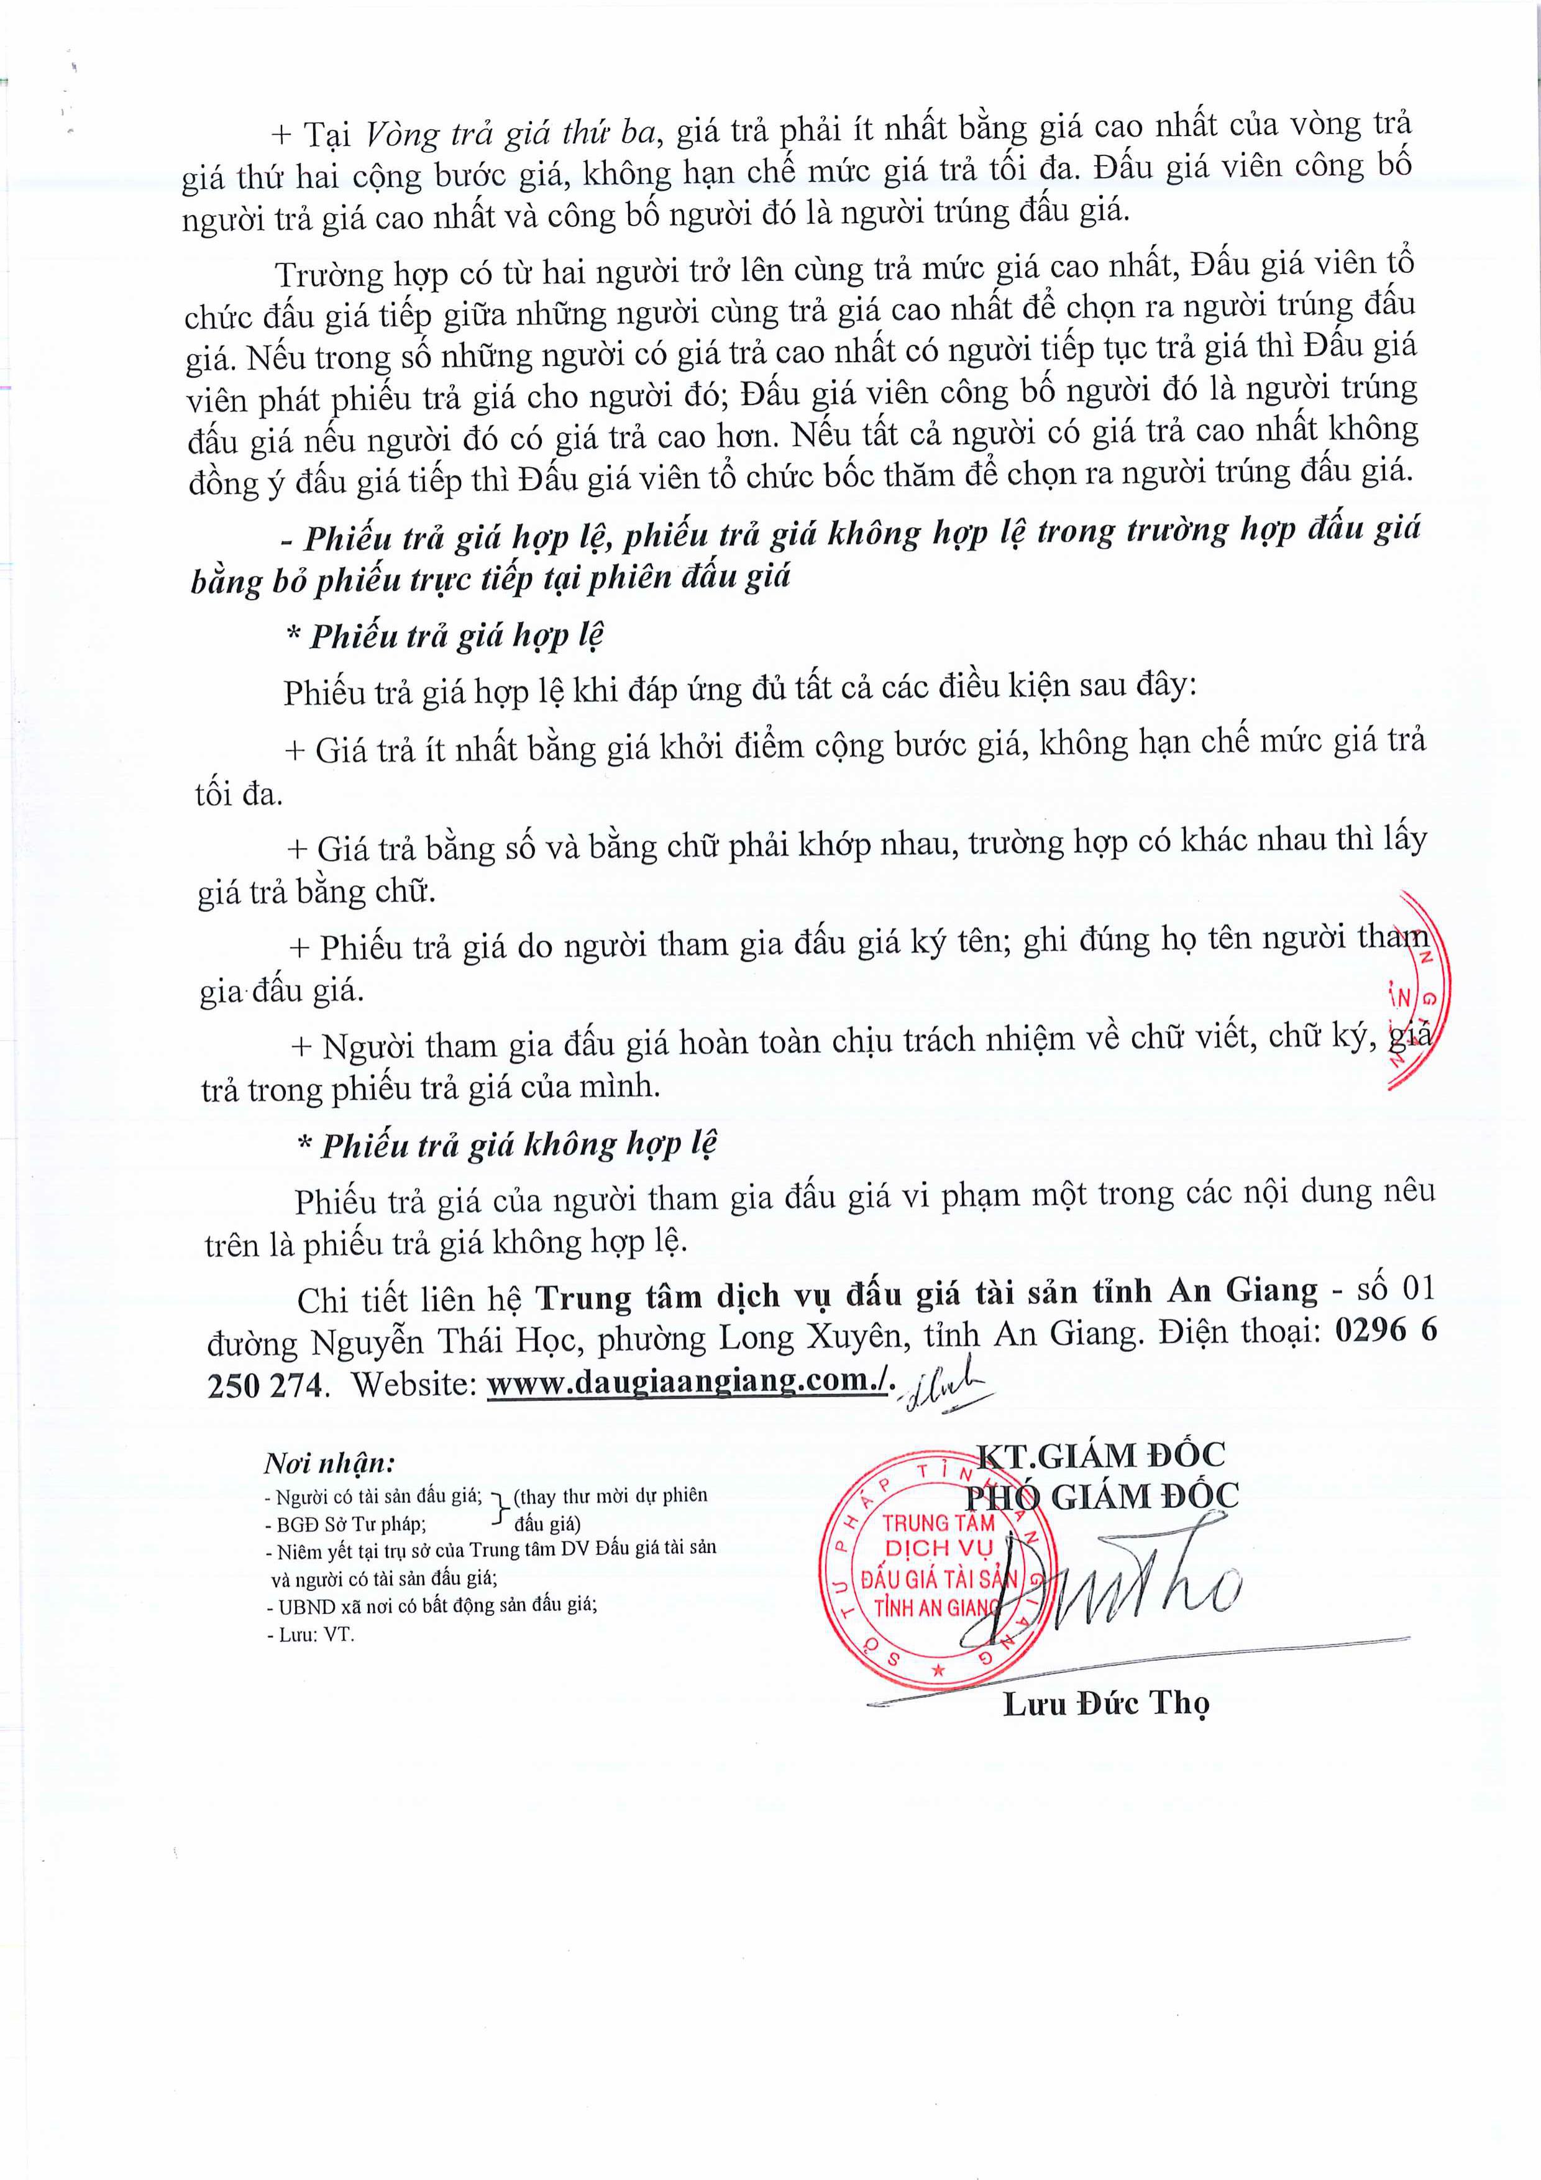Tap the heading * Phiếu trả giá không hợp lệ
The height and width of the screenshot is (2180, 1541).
[508, 1145]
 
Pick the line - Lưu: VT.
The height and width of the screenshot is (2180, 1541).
[311, 1635]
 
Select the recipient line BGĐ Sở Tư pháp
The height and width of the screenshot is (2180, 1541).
[349, 1524]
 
